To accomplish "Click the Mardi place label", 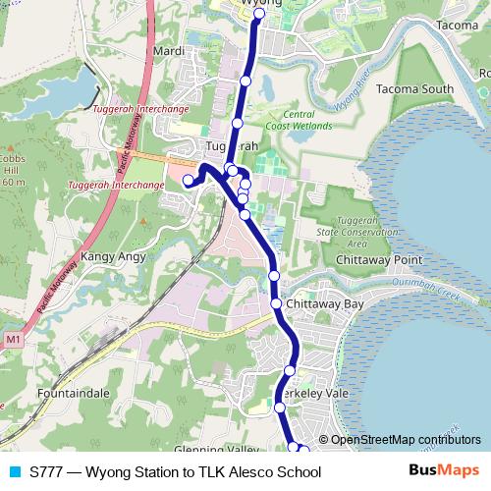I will (x=169, y=50).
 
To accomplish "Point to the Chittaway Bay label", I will (x=328, y=304).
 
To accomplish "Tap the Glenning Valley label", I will (x=206, y=449).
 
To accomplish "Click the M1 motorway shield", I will (x=12, y=340).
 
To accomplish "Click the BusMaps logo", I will (x=444, y=471).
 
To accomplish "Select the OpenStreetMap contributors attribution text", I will (x=406, y=440).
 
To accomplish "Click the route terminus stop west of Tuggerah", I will (x=188, y=180).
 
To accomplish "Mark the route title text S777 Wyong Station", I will (x=175, y=472).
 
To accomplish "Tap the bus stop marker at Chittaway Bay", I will (x=277, y=304).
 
